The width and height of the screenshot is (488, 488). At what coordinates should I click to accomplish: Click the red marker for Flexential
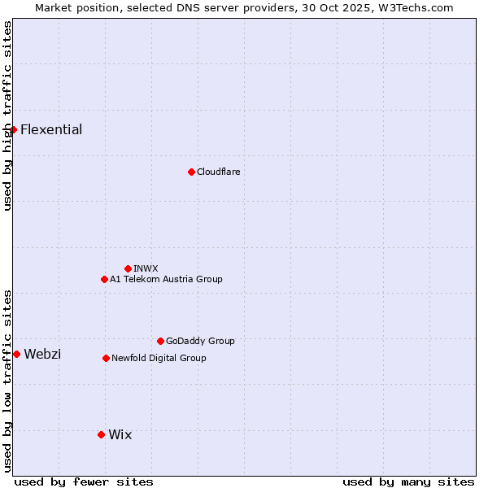[13, 129]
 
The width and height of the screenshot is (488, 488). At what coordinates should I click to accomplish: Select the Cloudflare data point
[191, 172]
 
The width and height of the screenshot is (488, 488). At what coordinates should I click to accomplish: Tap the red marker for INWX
[128, 268]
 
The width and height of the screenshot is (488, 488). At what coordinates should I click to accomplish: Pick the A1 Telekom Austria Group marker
[104, 279]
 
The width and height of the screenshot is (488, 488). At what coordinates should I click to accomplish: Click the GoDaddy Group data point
[160, 341]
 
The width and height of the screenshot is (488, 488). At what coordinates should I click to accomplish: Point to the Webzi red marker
[16, 354]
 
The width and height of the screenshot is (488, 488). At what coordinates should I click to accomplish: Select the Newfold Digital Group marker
[106, 358]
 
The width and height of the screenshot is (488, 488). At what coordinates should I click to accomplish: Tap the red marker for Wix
[101, 434]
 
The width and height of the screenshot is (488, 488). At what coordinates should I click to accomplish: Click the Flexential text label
[51, 129]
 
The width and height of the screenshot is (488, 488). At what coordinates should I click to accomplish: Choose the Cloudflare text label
[218, 172]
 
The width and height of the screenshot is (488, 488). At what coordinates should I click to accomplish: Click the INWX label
[146, 268]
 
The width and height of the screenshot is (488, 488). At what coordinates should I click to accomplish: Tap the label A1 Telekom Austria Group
[166, 279]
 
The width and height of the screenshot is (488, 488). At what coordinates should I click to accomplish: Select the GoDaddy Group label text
[200, 341]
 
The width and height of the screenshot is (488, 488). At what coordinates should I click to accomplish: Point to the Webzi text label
[42, 354]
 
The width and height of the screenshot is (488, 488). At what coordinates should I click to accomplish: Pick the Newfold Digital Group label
[159, 358]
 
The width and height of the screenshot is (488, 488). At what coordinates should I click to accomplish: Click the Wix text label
[120, 434]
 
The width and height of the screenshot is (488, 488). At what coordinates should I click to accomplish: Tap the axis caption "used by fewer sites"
[84, 481]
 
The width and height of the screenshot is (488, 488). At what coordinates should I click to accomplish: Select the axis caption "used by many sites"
[408, 481]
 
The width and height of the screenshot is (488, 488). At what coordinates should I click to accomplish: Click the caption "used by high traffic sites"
[7, 115]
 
